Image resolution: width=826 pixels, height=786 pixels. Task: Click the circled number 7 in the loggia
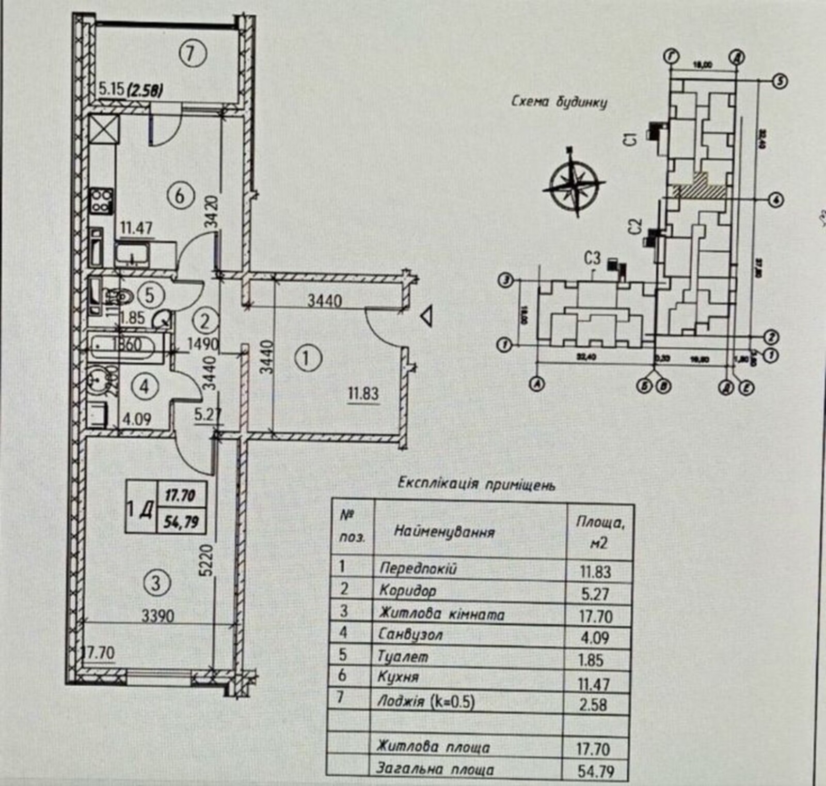191,53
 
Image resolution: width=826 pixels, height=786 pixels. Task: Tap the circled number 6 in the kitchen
179,196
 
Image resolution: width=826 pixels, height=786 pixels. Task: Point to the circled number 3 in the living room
155,583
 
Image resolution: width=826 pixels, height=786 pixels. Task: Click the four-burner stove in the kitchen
102,201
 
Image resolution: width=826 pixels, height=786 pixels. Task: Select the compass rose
574,182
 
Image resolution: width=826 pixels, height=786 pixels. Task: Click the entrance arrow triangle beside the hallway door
426,316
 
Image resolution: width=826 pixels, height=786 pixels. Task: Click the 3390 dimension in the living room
158,616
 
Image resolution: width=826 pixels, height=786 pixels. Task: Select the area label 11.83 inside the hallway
363,394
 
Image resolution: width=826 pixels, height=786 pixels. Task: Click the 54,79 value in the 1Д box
181,522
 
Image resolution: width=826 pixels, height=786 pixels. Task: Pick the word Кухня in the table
399,677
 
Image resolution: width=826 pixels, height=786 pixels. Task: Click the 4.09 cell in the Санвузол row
595,638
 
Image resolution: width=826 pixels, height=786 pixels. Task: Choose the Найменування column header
444,532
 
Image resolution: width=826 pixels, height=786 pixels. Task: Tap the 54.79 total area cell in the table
596,772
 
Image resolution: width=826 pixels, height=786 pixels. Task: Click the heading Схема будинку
559,102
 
